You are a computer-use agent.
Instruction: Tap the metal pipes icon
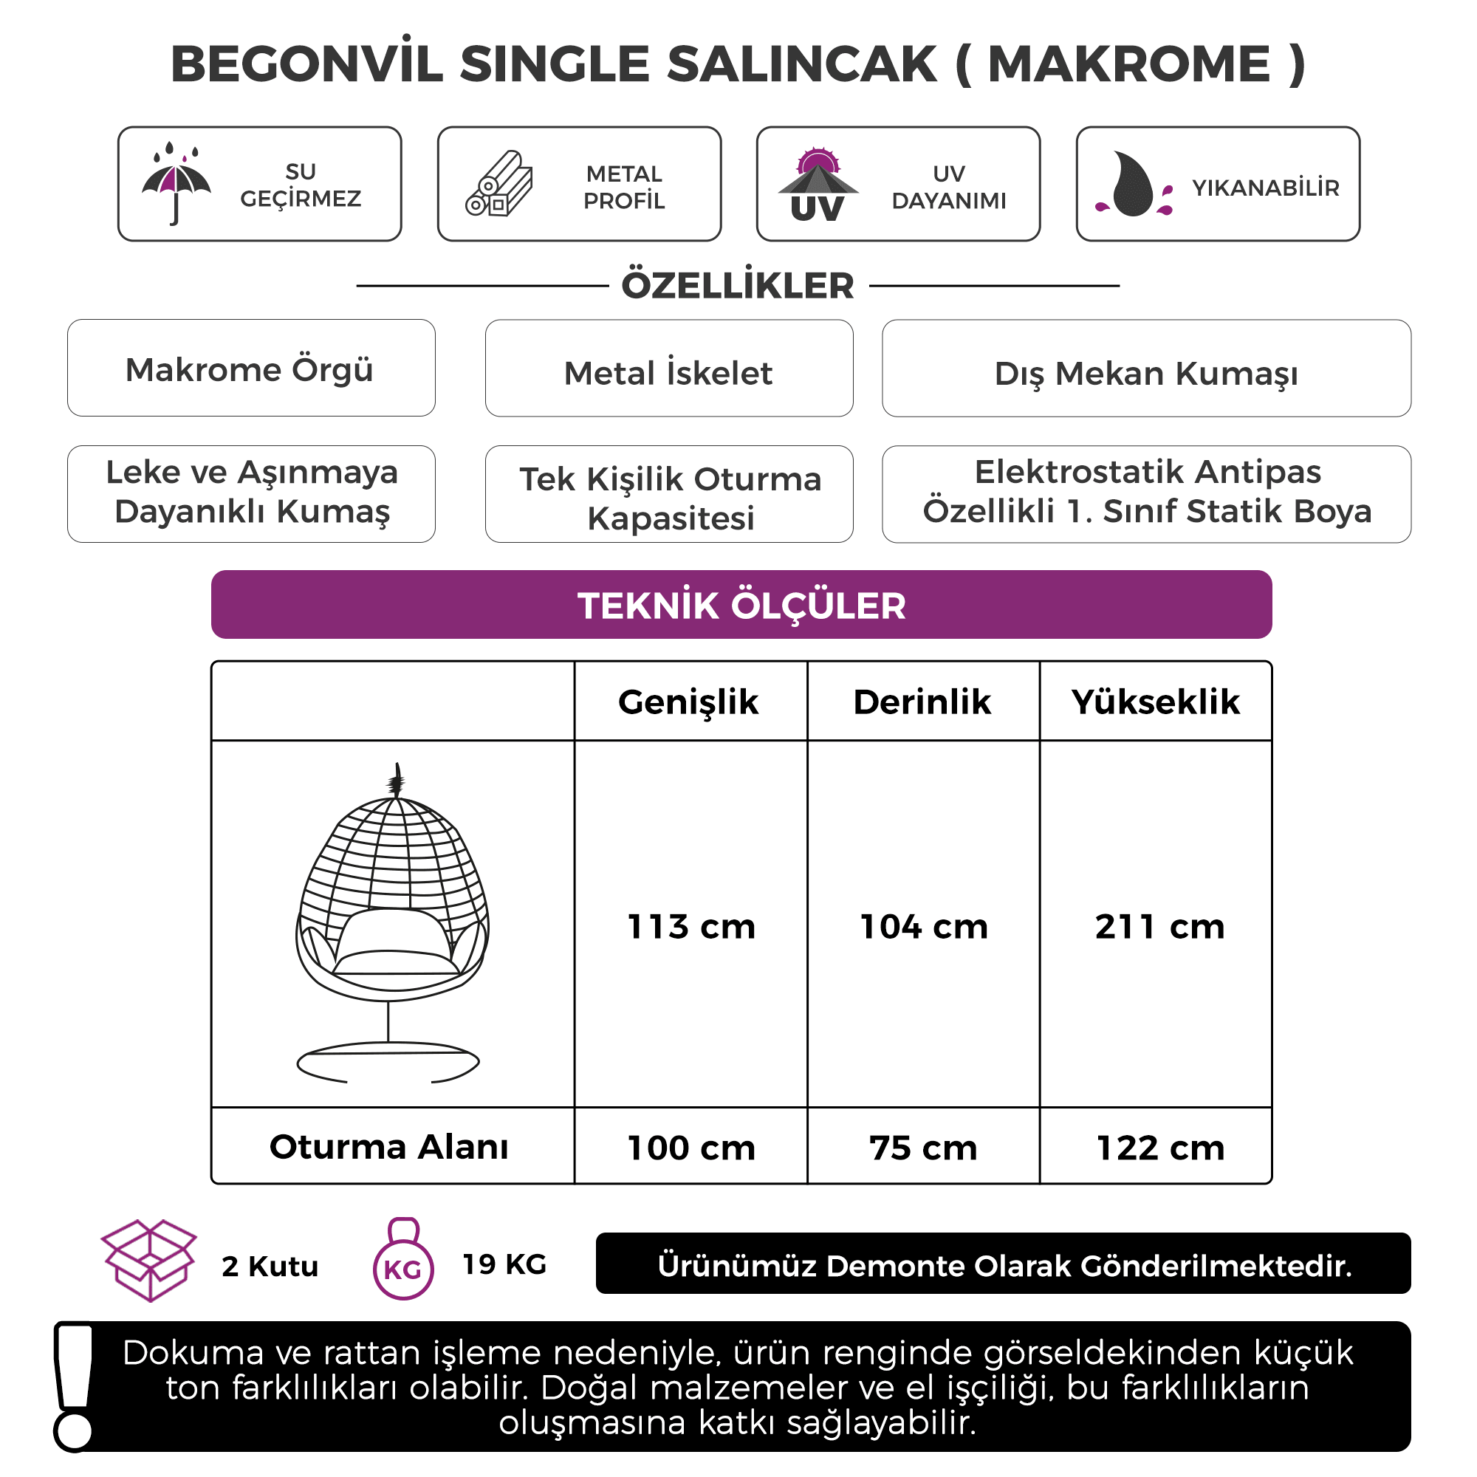[499, 184]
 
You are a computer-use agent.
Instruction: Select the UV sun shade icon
[818, 184]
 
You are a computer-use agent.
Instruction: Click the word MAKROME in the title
[1128, 64]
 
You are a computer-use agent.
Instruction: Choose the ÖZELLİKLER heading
[738, 286]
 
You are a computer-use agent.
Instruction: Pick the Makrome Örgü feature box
[251, 369]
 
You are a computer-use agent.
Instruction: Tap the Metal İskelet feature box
[669, 369]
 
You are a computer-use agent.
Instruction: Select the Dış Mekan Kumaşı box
[1146, 369]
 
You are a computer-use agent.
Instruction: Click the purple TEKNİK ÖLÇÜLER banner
[741, 605]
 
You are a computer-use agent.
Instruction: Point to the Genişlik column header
[688, 702]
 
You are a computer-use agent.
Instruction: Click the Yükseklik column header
[1155, 702]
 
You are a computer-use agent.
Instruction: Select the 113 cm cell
[691, 927]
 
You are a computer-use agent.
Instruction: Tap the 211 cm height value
[1159, 927]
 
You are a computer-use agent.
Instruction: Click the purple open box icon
[149, 1261]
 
